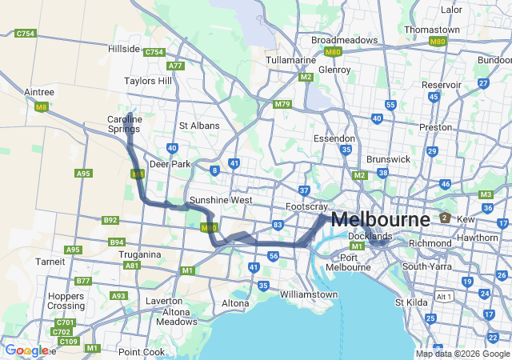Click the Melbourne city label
tap(380, 218)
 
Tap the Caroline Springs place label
tap(125, 124)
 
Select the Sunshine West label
tap(221, 200)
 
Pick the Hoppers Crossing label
tap(66, 301)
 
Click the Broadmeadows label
tap(344, 39)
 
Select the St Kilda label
tap(412, 302)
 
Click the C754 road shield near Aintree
tap(26, 34)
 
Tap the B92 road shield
tap(110, 220)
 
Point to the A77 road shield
tap(176, 66)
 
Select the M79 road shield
tap(282, 104)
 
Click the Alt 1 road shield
tap(444, 296)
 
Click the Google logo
tap(26, 350)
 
